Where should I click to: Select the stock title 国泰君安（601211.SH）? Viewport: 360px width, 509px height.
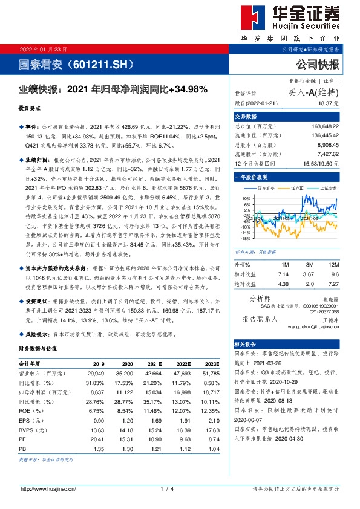pos(64,63)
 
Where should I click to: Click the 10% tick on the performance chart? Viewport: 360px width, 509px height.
pos(245,198)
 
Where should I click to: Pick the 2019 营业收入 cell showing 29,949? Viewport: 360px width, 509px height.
pos(96,373)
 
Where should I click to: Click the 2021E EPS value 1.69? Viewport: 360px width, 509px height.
pos(155,419)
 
